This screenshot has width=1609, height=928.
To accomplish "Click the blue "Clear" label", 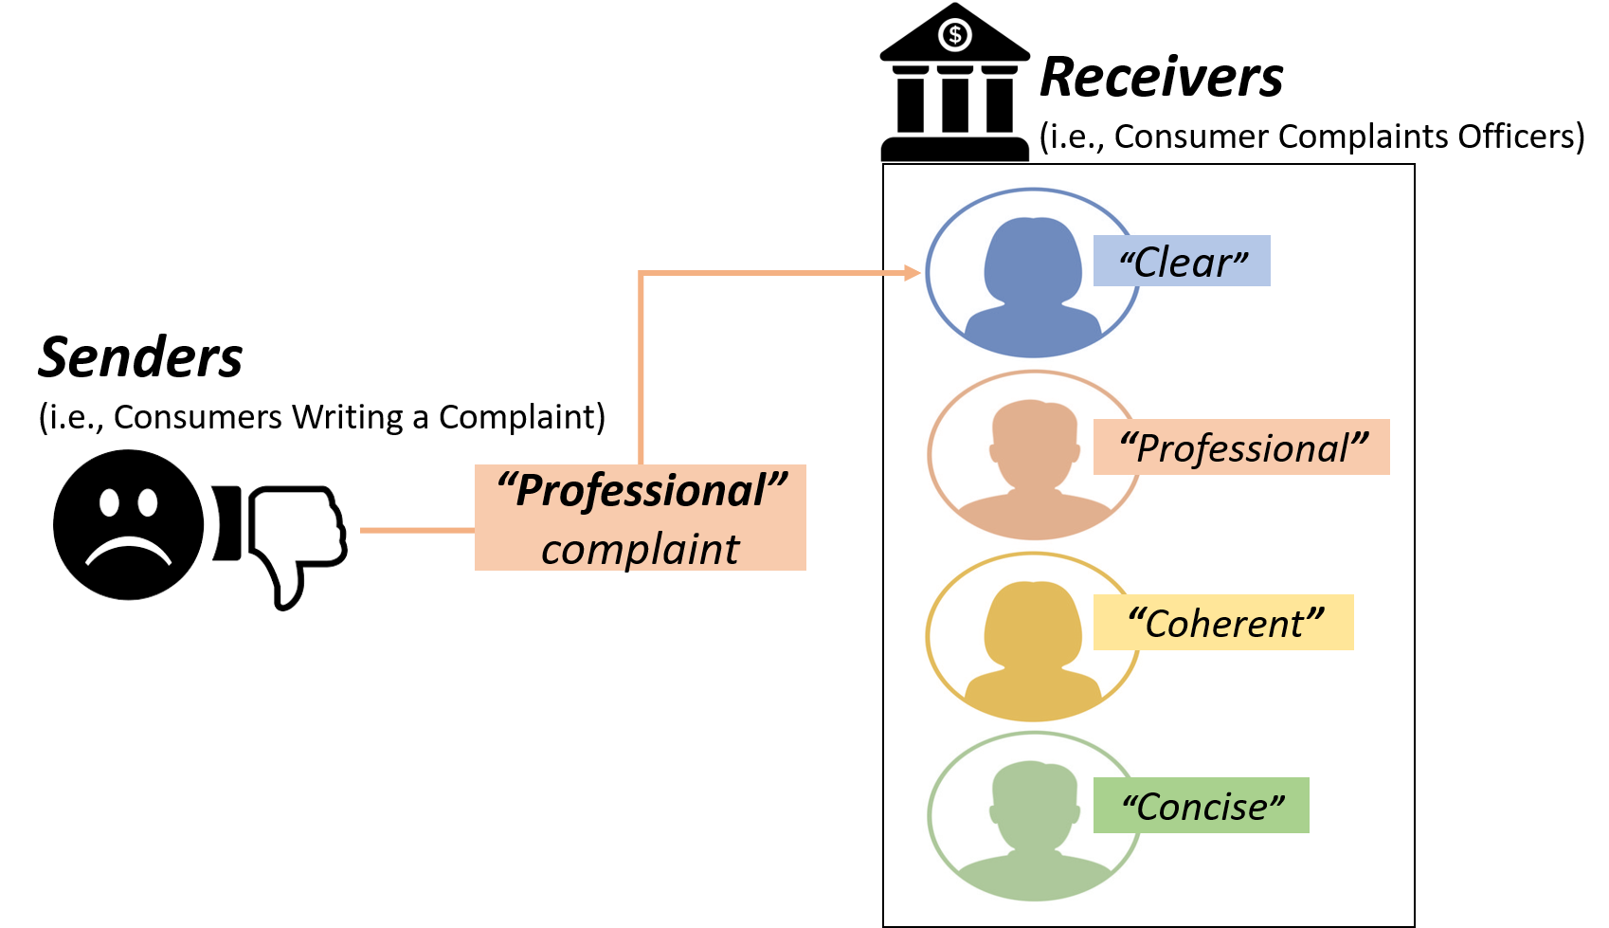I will click(1182, 262).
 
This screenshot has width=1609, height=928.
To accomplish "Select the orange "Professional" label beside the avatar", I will click(1241, 447).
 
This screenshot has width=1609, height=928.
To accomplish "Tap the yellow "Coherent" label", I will click(1223, 623).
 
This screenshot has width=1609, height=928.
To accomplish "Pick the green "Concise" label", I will click(1202, 806).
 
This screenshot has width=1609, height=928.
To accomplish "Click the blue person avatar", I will click(1033, 275).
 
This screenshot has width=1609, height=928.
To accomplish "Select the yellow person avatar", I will click(1033, 638).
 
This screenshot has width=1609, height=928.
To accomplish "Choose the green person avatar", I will click(1034, 818).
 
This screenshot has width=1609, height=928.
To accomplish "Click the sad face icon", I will click(128, 525).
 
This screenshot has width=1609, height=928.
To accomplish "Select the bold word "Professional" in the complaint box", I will click(642, 491).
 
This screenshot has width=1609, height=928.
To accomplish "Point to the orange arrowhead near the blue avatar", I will click(913, 274).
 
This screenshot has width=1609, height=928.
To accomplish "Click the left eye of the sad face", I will click(109, 501).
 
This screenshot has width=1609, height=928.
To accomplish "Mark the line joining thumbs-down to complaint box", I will click(417, 531).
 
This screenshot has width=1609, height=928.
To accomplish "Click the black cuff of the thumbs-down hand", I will click(227, 523).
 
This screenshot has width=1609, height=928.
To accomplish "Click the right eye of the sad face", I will click(148, 501).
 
